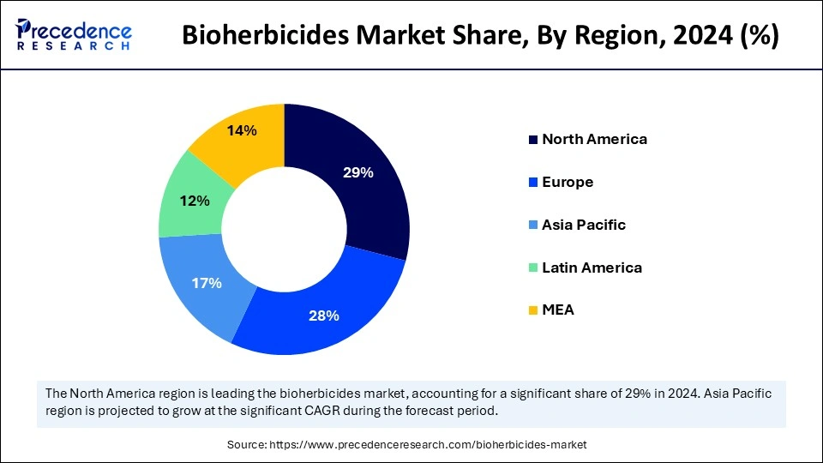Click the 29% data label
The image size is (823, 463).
[357, 172]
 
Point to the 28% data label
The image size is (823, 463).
[324, 316]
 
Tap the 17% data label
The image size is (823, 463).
[207, 282]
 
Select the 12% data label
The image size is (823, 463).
[195, 201]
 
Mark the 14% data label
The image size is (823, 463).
[241, 131]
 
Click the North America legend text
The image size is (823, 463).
[594, 139]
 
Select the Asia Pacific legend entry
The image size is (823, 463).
[584, 225]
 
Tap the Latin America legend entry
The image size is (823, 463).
[592, 268]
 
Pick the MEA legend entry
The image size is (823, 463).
[558, 310]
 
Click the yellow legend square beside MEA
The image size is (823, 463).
[533, 310]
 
